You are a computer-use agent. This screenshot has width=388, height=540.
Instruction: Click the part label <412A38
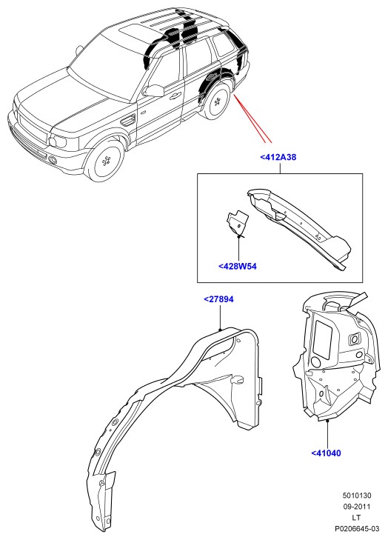[x=278, y=157]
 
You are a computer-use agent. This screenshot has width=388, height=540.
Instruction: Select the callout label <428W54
[x=238, y=266]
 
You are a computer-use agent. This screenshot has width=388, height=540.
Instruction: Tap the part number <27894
[x=218, y=299]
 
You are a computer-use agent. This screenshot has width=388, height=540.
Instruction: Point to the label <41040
[x=326, y=453]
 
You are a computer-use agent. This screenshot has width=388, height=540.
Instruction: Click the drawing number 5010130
[x=357, y=496]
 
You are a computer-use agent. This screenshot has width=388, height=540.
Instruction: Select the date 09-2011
[x=357, y=507]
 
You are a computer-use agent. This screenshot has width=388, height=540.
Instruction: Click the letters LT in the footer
[x=357, y=518]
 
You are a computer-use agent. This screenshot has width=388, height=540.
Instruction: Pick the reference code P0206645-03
[x=357, y=529]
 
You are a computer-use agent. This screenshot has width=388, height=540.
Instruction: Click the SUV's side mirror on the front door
[x=154, y=91]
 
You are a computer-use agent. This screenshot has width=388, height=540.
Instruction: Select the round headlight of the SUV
[x=56, y=141]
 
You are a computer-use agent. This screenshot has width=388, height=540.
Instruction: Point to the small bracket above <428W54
[x=237, y=223]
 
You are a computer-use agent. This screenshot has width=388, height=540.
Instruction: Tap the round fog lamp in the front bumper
[x=53, y=159]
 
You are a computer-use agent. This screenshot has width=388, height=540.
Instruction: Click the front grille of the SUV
[x=32, y=128]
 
